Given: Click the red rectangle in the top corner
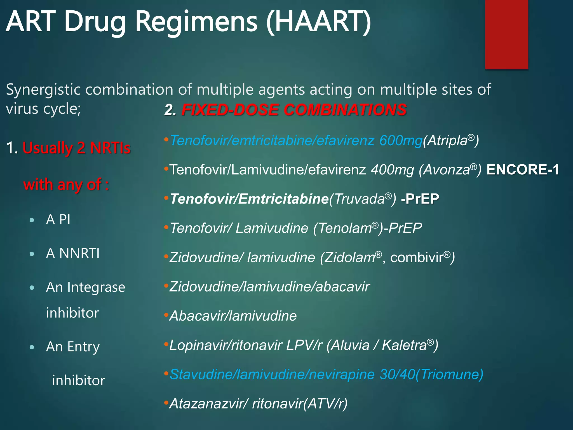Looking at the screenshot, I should (x=506, y=34).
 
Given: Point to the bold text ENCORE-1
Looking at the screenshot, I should (x=523, y=170).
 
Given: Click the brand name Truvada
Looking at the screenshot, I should (x=359, y=199).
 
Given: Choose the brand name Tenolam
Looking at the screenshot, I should (x=345, y=228).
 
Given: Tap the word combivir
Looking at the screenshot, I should (x=417, y=258).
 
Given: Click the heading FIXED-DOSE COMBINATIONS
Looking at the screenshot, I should (x=294, y=110).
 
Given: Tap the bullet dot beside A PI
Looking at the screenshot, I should (x=32, y=220).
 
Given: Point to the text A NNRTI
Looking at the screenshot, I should (x=73, y=253).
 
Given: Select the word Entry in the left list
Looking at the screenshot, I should (x=83, y=347).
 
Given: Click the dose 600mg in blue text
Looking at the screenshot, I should (x=400, y=140).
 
